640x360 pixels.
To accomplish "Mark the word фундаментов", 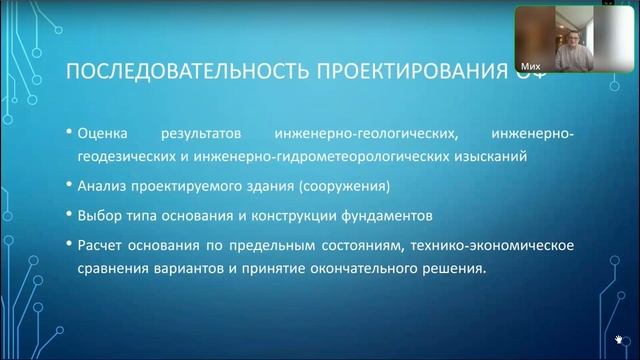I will coord(397,215).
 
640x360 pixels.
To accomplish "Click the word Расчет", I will coord(99,244).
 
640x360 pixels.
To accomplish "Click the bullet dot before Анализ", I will coord(68,187).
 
